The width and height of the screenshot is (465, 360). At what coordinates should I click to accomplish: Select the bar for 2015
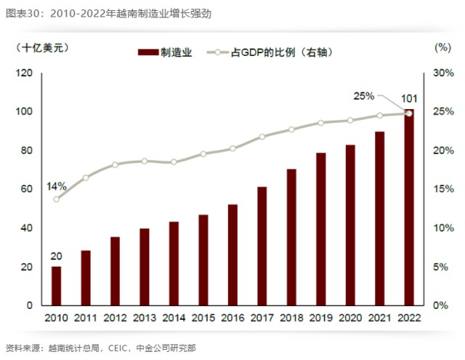[x=203, y=260]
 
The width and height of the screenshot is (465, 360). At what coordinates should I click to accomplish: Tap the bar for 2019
[x=321, y=229]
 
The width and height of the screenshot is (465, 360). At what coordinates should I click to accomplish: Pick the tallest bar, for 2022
[x=409, y=207]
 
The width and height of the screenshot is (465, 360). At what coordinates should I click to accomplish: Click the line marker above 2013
[x=145, y=161]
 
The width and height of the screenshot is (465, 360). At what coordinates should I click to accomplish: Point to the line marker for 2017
[x=262, y=137]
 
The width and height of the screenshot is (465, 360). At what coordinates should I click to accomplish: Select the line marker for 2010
[x=57, y=199]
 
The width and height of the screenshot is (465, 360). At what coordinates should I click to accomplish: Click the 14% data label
[x=56, y=186]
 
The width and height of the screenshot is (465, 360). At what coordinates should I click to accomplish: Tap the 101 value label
[x=409, y=99]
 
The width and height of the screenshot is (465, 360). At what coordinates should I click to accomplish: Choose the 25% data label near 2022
[x=363, y=95]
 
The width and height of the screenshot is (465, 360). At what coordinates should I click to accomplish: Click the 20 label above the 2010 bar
[x=56, y=256]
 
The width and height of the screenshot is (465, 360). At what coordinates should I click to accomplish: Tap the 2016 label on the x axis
[x=232, y=319]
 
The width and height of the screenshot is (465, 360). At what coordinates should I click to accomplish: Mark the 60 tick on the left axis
[x=27, y=189]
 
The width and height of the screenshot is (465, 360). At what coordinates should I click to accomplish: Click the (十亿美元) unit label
[x=42, y=47]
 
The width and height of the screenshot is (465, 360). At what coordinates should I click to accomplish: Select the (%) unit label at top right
[x=442, y=47]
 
